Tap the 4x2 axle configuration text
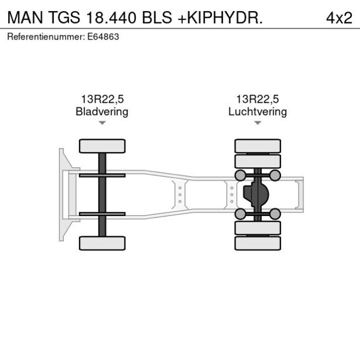[339, 17]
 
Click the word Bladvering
[102, 111]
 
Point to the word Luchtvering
[257, 111]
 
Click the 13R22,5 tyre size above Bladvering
[102, 99]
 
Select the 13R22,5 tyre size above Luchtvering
[257, 99]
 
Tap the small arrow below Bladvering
[102, 123]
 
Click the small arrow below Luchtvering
[257, 123]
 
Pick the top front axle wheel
[102, 146]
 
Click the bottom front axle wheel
[102, 243]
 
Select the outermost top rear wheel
[257, 146]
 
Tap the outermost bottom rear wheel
[257, 243]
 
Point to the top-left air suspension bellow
[239, 175]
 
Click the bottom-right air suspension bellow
[275, 214]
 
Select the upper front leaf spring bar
[102, 175]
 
